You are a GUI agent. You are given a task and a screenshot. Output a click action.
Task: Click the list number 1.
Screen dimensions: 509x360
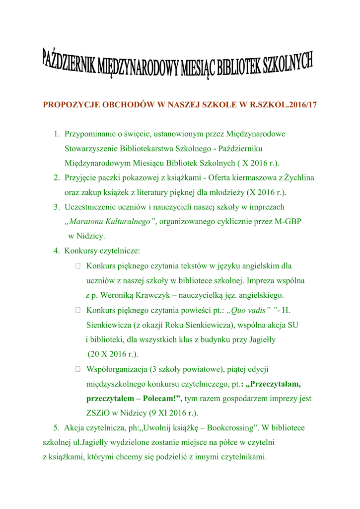tap(57, 134)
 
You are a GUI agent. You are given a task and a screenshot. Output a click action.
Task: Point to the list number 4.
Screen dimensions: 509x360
tap(57, 251)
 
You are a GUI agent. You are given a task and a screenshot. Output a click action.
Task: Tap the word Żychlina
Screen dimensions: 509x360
tap(300, 177)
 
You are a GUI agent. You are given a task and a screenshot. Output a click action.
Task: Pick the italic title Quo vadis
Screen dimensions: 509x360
tap(248, 311)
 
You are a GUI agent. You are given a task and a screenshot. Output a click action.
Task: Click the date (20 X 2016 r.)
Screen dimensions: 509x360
tap(113, 354)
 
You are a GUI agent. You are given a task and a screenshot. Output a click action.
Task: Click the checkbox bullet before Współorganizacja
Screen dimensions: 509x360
tap(78, 369)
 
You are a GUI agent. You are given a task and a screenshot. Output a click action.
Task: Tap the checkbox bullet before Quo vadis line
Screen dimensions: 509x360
tap(78, 311)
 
